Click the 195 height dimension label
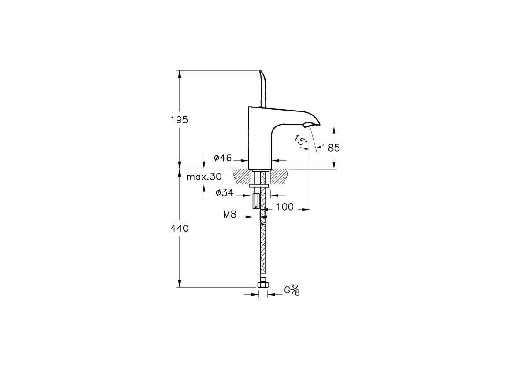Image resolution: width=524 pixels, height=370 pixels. point(180,120)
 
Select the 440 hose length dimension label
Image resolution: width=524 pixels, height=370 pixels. point(180,228)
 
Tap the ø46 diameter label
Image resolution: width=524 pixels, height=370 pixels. point(223,158)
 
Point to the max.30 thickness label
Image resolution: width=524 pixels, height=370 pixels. point(204,177)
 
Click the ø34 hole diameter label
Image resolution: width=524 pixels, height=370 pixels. point(225,192)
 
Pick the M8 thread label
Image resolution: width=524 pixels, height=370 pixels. point(230,215)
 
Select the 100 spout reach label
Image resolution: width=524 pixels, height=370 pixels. point(285,207)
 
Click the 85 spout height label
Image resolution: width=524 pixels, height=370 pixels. point(334,148)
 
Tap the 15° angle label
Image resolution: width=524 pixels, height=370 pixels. point(300,141)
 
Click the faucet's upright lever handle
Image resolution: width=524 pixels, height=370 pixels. point(262,89)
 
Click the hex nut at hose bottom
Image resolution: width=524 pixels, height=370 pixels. point(263,285)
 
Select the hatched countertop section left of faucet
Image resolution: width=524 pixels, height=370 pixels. point(242,177)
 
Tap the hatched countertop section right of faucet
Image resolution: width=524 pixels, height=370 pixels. point(279,177)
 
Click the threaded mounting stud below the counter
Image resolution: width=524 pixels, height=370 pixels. point(256,200)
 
